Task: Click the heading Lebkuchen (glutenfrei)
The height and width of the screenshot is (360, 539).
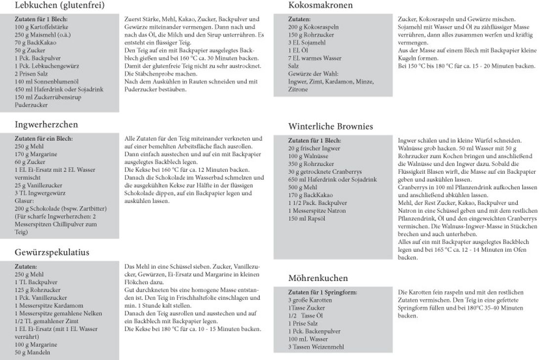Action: point(59,6)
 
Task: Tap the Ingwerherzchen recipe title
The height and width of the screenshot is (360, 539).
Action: point(46,124)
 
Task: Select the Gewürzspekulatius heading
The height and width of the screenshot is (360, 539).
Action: point(52,252)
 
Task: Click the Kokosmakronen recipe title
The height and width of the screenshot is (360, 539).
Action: point(320,6)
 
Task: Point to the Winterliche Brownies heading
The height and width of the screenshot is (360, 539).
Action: point(331,126)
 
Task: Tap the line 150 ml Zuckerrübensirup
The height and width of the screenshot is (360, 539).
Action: point(48,97)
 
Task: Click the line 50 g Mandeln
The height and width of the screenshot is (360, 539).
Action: point(33,353)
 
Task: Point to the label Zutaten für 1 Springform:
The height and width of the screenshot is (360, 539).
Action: point(323,292)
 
